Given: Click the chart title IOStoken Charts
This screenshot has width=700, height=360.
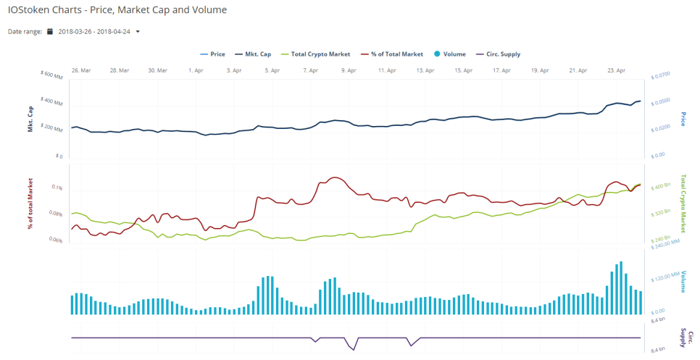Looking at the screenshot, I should coord(117,10).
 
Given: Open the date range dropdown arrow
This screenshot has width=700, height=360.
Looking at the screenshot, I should coord(138,32).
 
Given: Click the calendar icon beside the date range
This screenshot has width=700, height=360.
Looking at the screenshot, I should coord(50,32).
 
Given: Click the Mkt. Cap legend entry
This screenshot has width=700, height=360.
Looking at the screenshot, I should coord(253,54).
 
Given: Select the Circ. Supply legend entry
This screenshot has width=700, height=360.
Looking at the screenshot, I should coord(497,54).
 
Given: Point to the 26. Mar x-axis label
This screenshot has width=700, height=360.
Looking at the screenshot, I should coord(80,70).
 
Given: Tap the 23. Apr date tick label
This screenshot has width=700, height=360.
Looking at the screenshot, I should coord(615,70).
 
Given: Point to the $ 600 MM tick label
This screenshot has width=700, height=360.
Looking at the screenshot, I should coord(53,75).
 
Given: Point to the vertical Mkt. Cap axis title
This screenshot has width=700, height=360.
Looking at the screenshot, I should coord(31,118).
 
